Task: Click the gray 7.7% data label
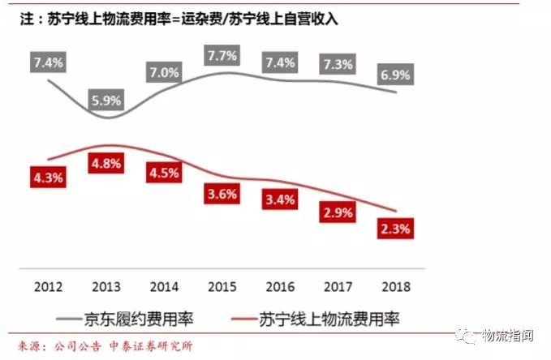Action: pos(222,56)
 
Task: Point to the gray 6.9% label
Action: pos(396,75)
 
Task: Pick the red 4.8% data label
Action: pos(105,162)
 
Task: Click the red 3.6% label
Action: pos(222,195)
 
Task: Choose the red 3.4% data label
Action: pos(280,199)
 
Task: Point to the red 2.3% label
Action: pos(396,229)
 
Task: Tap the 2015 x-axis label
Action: pos(222,285)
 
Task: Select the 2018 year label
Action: pos(396,285)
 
